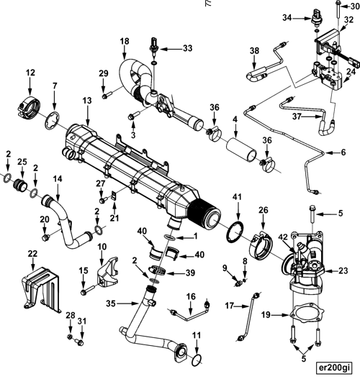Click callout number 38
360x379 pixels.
coord(254,50)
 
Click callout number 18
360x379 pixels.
coord(125,41)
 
